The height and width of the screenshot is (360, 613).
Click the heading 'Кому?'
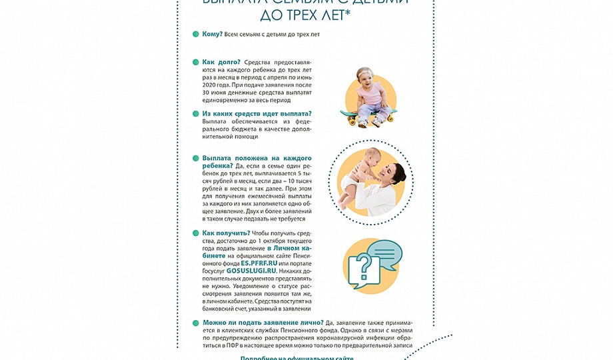(x=213, y=34)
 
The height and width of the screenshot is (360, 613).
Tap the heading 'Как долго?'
(x=221, y=62)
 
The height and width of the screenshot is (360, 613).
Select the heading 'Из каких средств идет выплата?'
(x=257, y=114)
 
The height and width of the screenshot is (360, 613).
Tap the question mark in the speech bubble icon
(x=362, y=267)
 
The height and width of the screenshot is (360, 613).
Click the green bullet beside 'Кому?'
(x=195, y=34)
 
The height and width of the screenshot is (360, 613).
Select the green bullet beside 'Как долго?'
(x=195, y=62)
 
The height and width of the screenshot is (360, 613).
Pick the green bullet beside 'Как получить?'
(x=195, y=233)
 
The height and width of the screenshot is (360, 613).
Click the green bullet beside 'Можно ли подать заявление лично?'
(x=195, y=323)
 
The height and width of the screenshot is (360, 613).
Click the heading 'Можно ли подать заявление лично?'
(x=263, y=323)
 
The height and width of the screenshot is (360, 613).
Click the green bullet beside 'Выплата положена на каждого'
(x=195, y=159)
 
